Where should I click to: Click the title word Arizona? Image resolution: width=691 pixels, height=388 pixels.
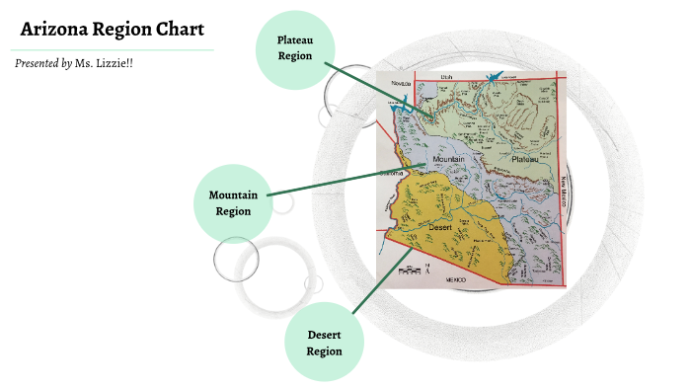point(54,29)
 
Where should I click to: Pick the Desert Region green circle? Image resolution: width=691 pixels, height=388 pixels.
point(324,343)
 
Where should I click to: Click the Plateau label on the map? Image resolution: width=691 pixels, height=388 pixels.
point(524,158)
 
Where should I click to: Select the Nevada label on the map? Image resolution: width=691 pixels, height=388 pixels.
point(400,83)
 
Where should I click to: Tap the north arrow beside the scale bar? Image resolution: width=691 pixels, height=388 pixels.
point(426,267)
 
